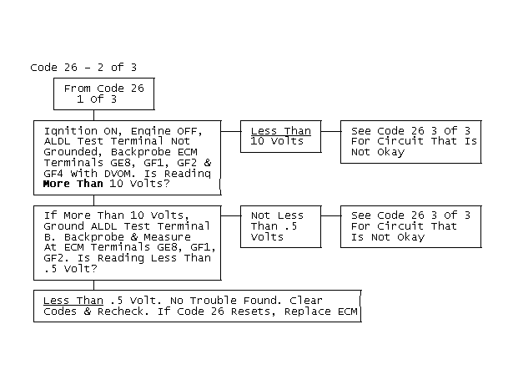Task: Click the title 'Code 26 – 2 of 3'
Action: point(83,68)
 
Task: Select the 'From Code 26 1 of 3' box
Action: point(104,94)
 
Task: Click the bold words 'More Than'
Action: point(73,184)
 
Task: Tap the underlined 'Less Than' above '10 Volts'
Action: point(281,131)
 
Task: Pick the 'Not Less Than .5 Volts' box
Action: point(281,226)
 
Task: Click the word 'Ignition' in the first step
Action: point(71,131)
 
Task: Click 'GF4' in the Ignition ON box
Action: point(53,174)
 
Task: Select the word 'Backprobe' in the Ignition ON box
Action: point(141,152)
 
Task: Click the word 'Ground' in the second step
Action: point(63,226)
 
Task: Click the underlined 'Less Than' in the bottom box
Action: point(73,301)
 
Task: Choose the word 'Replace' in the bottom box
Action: point(308,312)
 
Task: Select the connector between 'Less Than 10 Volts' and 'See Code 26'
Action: point(331,131)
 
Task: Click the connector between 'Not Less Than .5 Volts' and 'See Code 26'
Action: point(331,216)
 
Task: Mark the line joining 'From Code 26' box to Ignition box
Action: point(94,115)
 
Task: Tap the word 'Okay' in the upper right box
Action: point(391,152)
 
